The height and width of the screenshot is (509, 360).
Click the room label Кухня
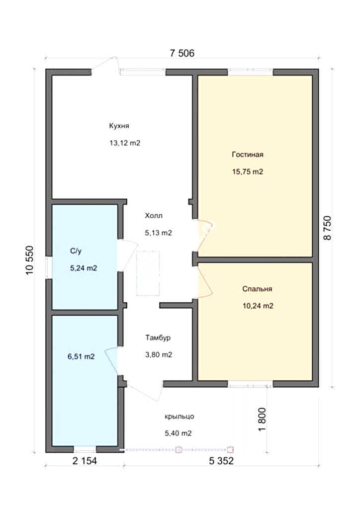click(x=119, y=126)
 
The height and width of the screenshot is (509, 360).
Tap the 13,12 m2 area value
click(x=125, y=143)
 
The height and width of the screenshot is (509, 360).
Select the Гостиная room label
click(x=247, y=155)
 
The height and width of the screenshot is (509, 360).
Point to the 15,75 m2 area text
click(x=248, y=171)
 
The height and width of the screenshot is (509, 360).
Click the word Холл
click(x=154, y=216)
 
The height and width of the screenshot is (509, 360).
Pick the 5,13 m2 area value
click(x=159, y=233)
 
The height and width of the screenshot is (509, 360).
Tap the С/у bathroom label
click(x=76, y=251)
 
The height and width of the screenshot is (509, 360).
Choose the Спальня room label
click(x=257, y=289)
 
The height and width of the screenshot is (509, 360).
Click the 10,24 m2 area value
click(x=258, y=306)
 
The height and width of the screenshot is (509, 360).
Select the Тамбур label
click(x=158, y=338)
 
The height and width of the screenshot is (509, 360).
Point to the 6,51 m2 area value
click(x=81, y=356)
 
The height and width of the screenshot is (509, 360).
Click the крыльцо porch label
click(x=179, y=417)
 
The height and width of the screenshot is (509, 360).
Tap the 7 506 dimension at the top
click(x=182, y=53)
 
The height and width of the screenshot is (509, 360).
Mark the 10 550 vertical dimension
click(x=30, y=260)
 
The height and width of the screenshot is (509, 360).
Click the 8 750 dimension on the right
click(x=327, y=228)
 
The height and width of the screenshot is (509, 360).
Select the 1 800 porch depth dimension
click(x=262, y=420)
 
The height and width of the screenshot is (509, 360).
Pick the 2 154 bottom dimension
click(x=85, y=461)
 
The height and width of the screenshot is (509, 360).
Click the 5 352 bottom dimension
click(x=221, y=461)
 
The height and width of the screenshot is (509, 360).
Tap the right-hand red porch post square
click(x=230, y=449)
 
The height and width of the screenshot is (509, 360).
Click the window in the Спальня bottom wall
click(x=250, y=385)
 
